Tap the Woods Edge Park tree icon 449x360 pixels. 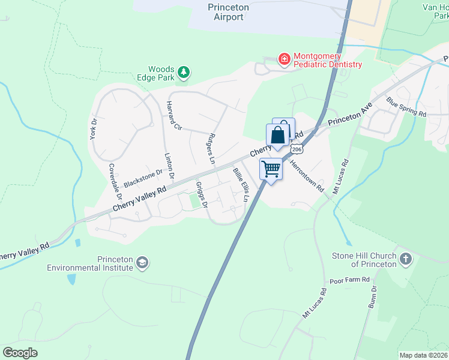click(x=184, y=73)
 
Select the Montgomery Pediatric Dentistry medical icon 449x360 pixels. click(x=284, y=59)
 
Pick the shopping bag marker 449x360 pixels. click(x=279, y=134)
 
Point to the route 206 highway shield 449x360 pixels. click(x=296, y=148)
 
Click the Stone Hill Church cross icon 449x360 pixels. click(x=406, y=259)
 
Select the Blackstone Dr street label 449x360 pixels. click(x=143, y=178)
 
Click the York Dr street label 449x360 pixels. click(x=94, y=129)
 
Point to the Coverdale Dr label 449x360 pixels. click(x=115, y=181)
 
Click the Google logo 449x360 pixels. click(x=20, y=352)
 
